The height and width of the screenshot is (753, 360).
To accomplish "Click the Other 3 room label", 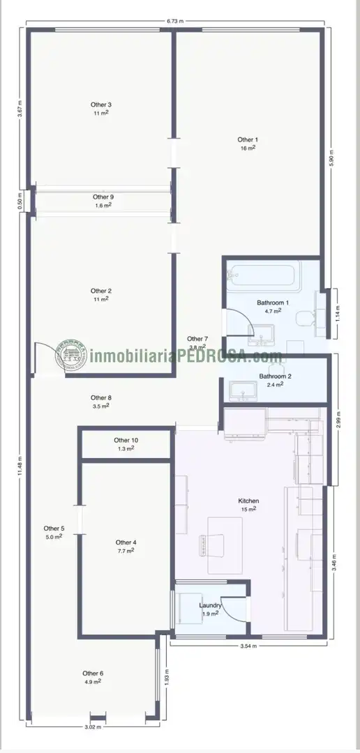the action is point(101,105).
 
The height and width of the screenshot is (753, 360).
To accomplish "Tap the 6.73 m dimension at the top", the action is point(175,21).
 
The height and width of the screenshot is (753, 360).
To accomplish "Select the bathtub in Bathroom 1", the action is point(264,273).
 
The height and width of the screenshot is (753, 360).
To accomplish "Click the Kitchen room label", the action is point(249,501).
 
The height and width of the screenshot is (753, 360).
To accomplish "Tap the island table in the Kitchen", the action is point(225,545).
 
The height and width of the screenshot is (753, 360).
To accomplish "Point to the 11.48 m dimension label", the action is point(20,465).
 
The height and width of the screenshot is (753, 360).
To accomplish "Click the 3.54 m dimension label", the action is point(248,646).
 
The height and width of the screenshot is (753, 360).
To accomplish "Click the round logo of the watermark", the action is point(71,356).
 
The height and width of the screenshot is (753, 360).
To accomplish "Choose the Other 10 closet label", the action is point(126,440).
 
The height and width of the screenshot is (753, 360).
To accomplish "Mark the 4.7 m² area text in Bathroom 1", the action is point(273,311).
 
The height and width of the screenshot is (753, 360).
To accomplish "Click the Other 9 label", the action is point(103,197).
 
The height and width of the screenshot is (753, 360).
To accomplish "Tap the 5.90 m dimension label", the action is point(331,158).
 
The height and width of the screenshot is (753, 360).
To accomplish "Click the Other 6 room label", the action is point(93,674).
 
